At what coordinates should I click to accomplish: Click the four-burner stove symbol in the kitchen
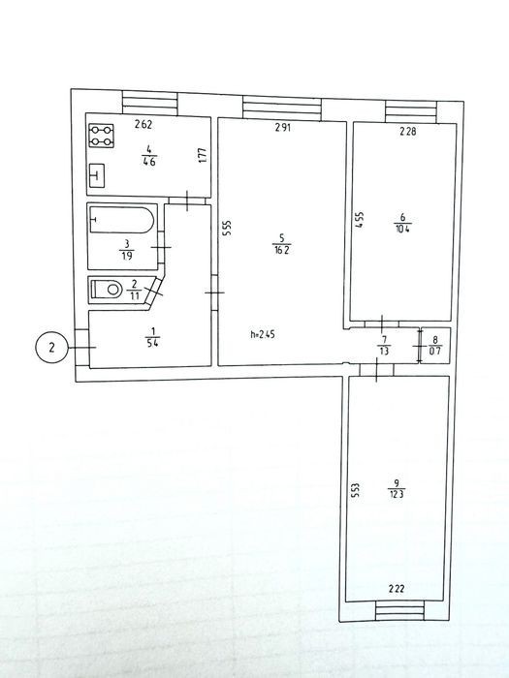tap(101, 136)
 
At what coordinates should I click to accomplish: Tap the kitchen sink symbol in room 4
tap(97, 175)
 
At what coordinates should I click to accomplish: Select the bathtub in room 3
tap(121, 220)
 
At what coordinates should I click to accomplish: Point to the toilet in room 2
tap(107, 289)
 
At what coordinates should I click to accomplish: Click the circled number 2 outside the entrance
tap(52, 347)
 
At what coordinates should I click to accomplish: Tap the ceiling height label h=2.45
tap(263, 334)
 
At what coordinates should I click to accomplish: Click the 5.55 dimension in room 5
tap(227, 229)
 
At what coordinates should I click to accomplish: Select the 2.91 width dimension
tap(283, 127)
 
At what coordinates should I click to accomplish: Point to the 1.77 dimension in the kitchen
tap(202, 156)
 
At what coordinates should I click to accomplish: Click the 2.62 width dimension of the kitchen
tap(143, 125)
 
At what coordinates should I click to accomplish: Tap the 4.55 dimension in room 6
tap(360, 219)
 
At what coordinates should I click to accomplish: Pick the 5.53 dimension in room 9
tap(356, 491)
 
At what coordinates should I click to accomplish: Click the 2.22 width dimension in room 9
tap(397, 588)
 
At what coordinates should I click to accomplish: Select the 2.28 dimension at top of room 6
tap(408, 131)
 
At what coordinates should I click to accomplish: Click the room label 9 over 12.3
tap(397, 489)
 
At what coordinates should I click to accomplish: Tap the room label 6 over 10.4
tap(402, 223)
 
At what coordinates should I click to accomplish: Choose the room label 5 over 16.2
tap(281, 244)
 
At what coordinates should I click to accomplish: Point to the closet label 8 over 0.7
tap(435, 346)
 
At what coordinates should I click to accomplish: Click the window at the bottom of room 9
tap(399, 611)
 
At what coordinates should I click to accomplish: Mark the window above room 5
tap(282, 108)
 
